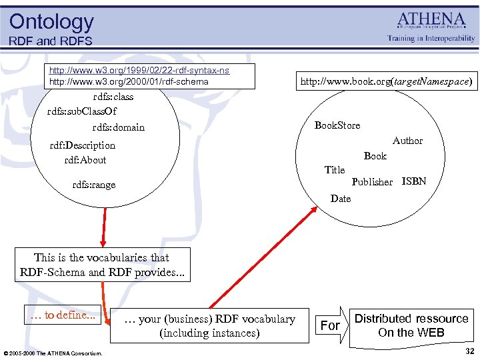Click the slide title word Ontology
[51, 21]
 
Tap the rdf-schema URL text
[129, 82]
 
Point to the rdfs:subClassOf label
[82, 111]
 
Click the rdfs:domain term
[118, 127]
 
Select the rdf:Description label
[83, 145]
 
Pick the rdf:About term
[85, 160]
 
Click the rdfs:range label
[93, 185]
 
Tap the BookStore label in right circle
[337, 125]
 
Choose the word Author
[407, 141]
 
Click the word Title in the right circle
[334, 170]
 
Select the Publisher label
[372, 182]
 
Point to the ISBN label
[414, 181]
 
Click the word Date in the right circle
[340, 199]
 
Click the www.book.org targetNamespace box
[387, 82]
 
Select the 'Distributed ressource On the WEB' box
[411, 325]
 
